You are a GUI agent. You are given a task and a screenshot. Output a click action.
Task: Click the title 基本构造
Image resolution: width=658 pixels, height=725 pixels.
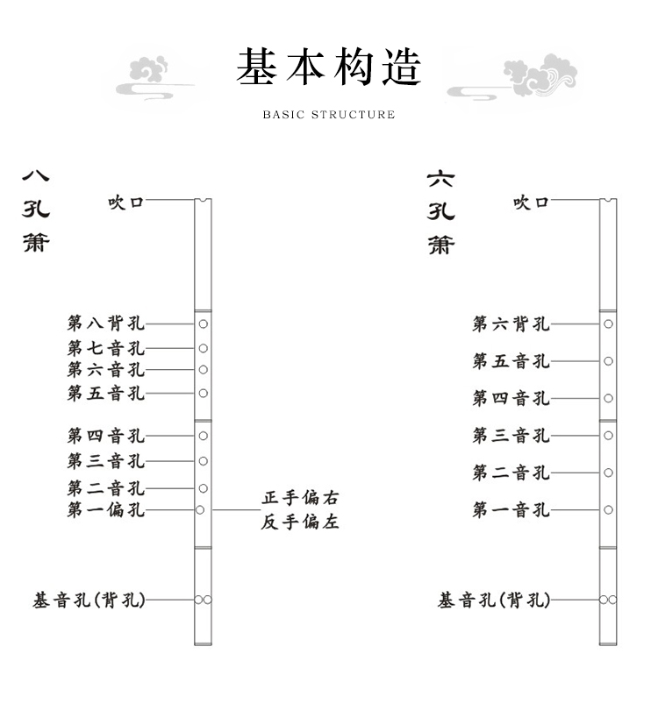pos(329,68)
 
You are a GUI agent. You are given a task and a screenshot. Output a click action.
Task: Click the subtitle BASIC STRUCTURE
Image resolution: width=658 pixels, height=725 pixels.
pos(329,115)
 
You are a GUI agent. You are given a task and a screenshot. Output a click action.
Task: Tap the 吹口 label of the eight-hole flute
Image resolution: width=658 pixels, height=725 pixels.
pos(125,203)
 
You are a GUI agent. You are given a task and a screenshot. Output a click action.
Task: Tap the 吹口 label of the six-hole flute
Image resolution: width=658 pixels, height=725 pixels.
pos(531,203)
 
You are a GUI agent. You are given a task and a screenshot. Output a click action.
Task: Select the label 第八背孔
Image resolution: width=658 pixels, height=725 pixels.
pos(106,323)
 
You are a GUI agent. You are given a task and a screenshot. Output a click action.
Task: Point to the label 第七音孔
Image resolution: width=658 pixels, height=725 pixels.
pos(106,348)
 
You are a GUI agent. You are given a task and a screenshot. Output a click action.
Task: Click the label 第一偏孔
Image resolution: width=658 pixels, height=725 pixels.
pos(106,510)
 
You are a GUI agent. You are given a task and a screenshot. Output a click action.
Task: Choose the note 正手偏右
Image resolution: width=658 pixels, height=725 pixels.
pos(300,499)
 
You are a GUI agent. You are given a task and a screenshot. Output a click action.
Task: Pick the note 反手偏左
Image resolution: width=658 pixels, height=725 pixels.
pos(300,522)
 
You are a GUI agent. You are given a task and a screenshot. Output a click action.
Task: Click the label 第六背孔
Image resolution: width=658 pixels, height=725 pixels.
pos(511,324)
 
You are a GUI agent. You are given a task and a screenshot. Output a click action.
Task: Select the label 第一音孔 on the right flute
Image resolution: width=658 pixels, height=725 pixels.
pos(511,510)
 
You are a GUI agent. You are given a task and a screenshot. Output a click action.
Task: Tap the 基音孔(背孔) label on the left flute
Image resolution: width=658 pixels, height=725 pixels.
pos(89,601)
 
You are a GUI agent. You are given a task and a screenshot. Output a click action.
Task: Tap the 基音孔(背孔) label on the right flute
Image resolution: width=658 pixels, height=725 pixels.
pos(495,601)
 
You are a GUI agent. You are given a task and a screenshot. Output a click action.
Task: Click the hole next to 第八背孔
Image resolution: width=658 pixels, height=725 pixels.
pos(203,323)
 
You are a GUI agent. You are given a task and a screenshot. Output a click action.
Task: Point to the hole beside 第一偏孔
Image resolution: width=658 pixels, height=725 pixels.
pos(200,510)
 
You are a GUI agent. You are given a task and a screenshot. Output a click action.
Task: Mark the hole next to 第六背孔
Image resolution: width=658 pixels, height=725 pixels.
pos(608,324)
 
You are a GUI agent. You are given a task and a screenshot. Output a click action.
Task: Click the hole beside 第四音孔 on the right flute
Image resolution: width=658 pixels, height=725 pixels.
pos(608,398)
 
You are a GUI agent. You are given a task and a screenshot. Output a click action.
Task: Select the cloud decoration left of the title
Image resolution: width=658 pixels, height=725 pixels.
pos(154,77)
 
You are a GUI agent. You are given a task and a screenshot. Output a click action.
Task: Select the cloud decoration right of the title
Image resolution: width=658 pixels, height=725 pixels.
pos(518,77)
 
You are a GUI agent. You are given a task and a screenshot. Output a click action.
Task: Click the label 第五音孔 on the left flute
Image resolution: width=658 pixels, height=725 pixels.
pos(106,394)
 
